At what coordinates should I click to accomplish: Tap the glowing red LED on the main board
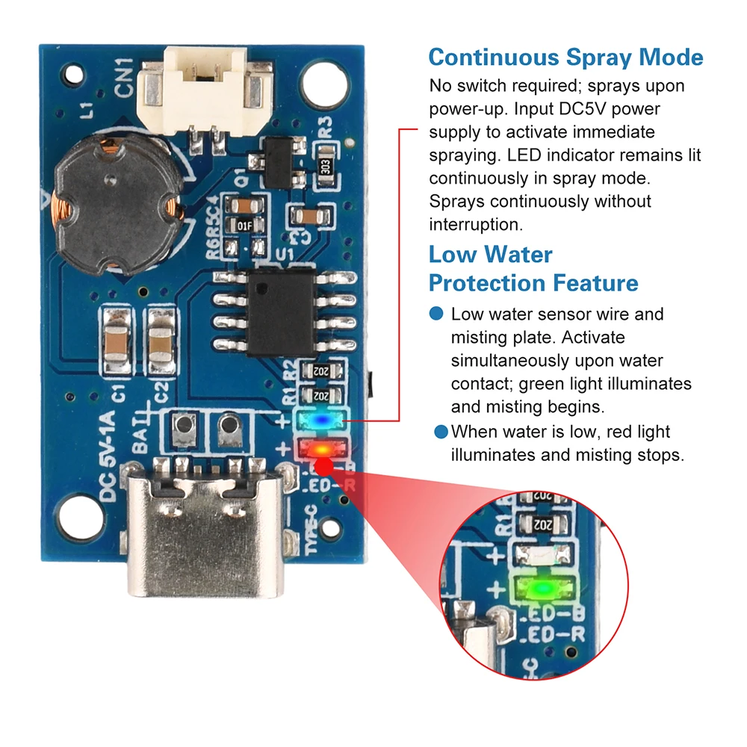click(x=320, y=450)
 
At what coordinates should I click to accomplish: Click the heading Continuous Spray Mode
click(x=565, y=58)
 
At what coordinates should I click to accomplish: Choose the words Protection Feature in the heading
click(x=533, y=283)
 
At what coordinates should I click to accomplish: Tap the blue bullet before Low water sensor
click(x=438, y=314)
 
